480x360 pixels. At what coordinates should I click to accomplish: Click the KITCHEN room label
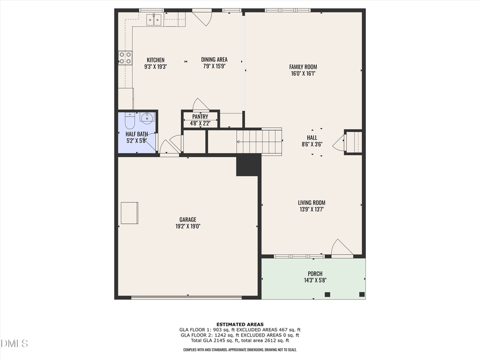click(156, 60)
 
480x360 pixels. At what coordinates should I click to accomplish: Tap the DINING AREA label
click(214, 60)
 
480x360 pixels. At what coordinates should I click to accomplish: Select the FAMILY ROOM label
click(303, 67)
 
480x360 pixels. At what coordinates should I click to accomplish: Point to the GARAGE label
click(188, 219)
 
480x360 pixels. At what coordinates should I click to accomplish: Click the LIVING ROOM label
click(311, 203)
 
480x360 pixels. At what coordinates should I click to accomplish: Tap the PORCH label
click(315, 274)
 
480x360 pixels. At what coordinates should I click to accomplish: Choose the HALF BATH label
click(137, 134)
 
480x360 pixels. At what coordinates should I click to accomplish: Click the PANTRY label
click(200, 116)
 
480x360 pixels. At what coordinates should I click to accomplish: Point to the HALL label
click(312, 138)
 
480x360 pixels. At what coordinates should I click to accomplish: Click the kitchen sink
click(155, 20)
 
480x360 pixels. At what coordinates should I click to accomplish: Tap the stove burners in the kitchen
click(125, 58)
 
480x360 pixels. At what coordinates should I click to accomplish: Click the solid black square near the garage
click(247, 165)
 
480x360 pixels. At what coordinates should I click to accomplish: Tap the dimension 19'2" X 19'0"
click(188, 226)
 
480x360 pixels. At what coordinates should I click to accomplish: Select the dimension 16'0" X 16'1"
click(303, 74)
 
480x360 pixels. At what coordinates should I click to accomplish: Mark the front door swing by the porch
click(341, 249)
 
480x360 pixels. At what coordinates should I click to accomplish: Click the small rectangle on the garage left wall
click(130, 213)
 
